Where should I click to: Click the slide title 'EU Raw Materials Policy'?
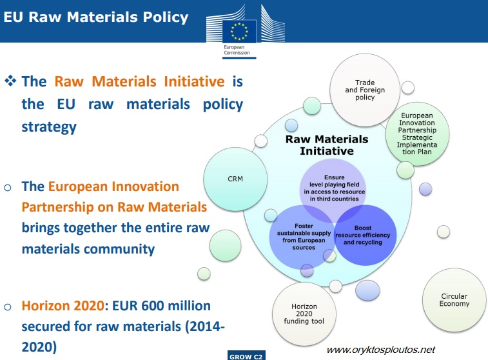pos(96,17)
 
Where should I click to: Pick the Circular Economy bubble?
pos(454,300)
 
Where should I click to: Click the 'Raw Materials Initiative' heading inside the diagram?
pos(327,145)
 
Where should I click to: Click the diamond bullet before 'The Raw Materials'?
pos(10,82)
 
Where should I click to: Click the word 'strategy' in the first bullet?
pos(48,126)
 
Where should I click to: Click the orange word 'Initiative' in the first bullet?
pos(193,82)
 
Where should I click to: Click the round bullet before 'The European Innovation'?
pos(8,187)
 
